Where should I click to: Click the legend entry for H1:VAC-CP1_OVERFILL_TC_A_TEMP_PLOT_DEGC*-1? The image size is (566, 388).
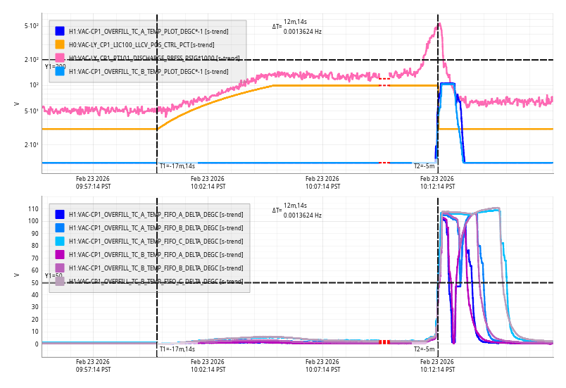[x=141, y=31]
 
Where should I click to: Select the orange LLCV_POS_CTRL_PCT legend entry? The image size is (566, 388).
[x=141, y=44]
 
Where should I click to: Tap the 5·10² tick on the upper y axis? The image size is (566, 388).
[x=32, y=26]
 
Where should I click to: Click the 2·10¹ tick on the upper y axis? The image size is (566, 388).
[x=32, y=145]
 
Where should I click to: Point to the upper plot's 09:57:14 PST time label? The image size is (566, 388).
[x=93, y=182]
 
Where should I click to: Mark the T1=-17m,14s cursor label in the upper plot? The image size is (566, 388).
[x=177, y=166]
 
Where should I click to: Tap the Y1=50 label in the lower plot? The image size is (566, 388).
[x=53, y=276]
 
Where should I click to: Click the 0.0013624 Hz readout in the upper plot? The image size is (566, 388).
[x=302, y=32]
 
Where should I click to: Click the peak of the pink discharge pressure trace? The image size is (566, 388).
[x=439, y=24]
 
